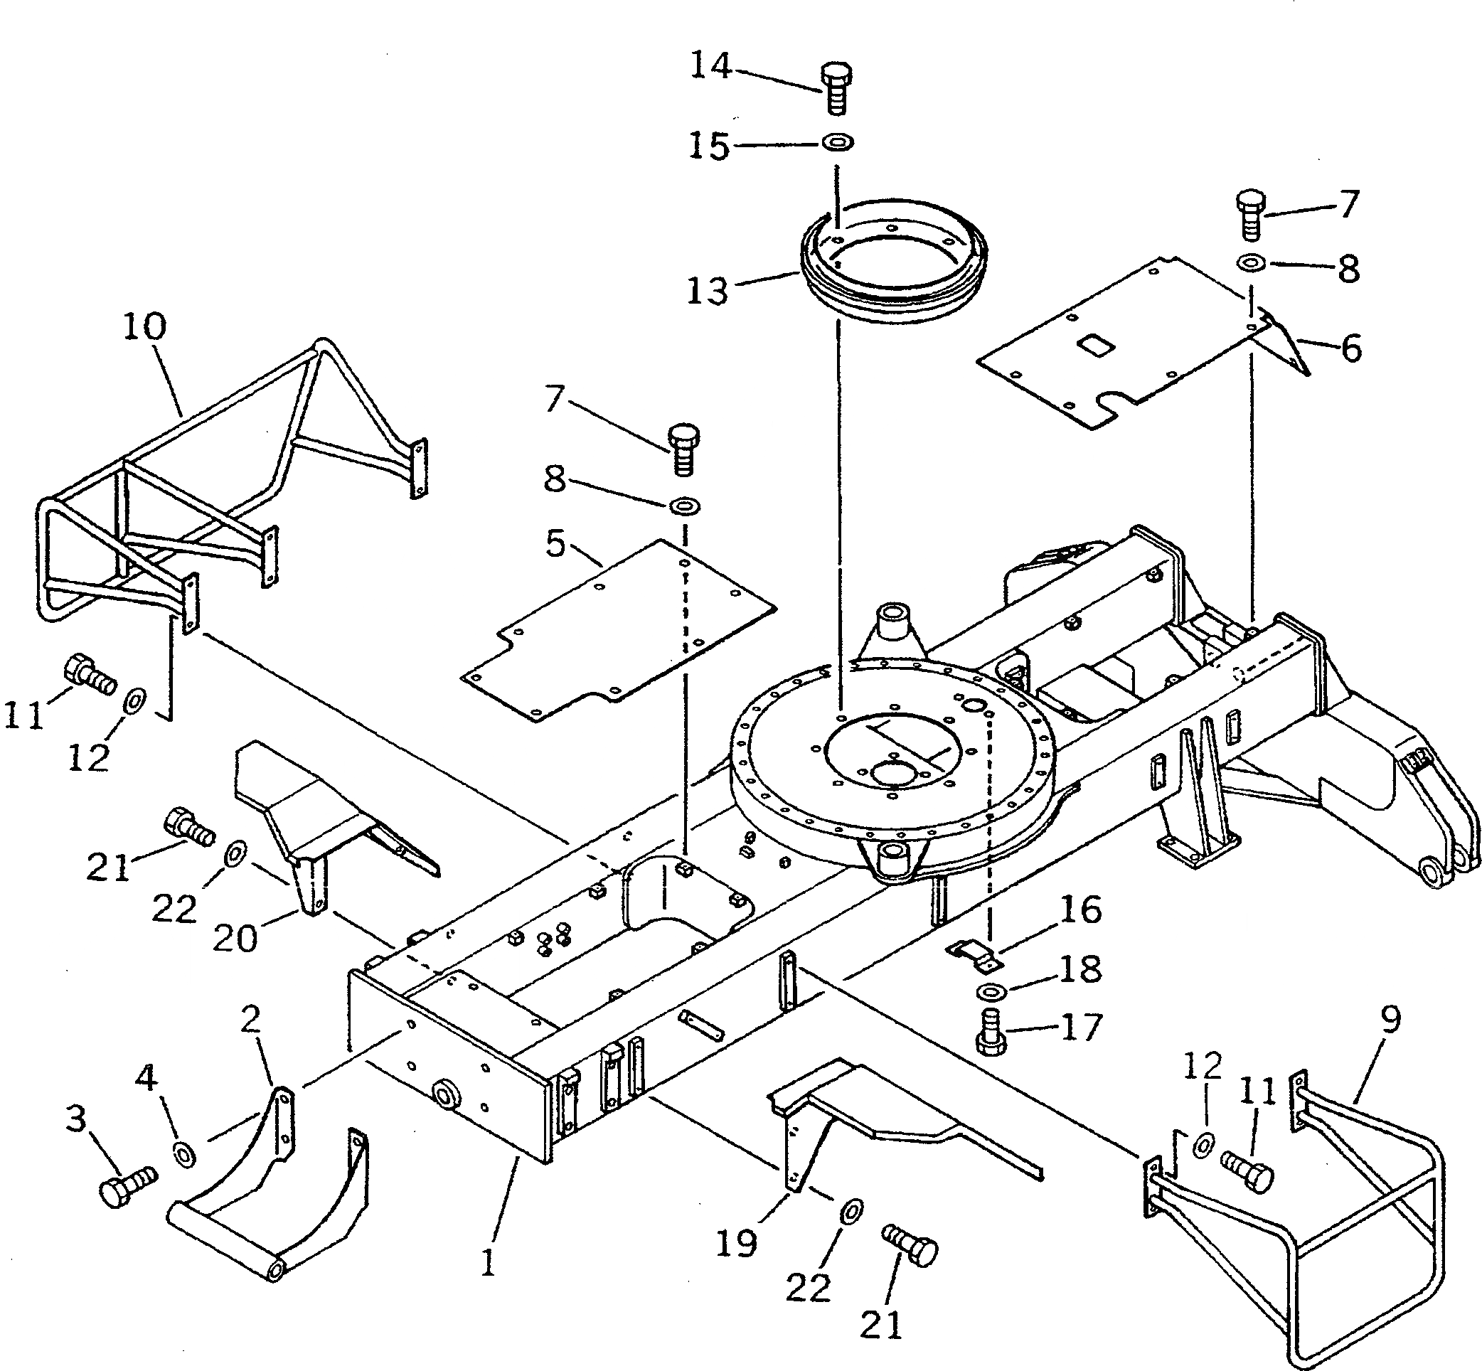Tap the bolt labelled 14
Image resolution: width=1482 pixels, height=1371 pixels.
(837, 87)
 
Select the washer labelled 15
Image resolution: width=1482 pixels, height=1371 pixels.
(838, 140)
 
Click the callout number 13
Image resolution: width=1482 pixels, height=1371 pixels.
(707, 290)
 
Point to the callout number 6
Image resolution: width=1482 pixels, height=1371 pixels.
(1350, 348)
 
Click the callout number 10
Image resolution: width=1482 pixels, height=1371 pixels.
(144, 326)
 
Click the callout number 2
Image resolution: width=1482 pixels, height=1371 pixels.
(252, 1020)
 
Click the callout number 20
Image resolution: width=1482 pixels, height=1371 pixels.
(235, 938)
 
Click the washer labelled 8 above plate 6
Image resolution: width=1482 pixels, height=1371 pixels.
(1252, 262)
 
